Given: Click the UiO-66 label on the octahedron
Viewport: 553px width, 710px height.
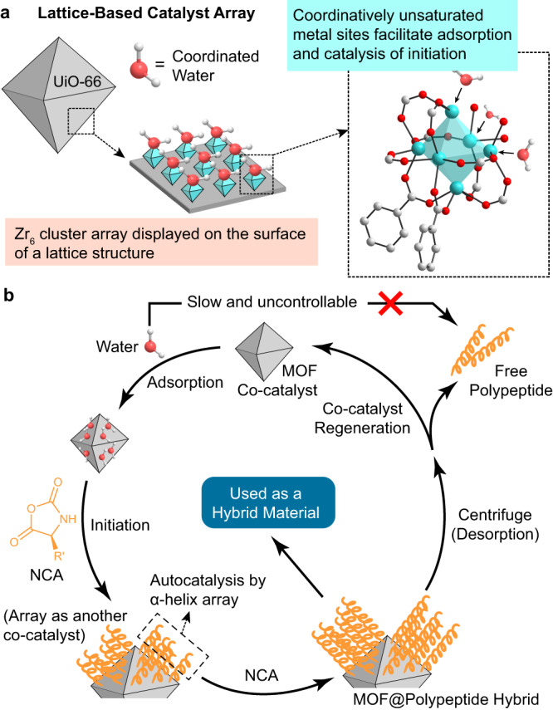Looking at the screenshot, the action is [77, 82].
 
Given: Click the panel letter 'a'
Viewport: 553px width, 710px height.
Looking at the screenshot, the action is [6, 13].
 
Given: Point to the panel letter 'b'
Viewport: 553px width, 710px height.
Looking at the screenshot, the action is [8, 295].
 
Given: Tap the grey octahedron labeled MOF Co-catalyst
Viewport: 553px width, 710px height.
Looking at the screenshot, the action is [264, 351].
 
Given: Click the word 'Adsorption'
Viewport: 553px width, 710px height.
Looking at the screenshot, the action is [185, 382].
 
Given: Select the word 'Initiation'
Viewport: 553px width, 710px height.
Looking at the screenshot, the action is [120, 525].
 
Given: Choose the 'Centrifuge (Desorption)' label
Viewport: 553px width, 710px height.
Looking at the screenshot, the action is [495, 524].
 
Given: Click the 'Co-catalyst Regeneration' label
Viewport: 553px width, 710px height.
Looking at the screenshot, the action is [362, 418].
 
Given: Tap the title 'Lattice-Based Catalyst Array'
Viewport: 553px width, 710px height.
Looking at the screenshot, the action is [146, 13].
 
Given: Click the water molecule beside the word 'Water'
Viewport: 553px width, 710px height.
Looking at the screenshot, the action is [152, 347].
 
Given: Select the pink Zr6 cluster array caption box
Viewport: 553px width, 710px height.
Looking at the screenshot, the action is [161, 242].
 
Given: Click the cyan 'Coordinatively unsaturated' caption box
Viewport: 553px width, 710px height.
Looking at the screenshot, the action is [402, 35].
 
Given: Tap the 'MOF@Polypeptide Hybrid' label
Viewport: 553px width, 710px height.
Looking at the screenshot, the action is [446, 698].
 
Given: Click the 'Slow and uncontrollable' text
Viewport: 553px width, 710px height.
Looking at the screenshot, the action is [272, 301].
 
